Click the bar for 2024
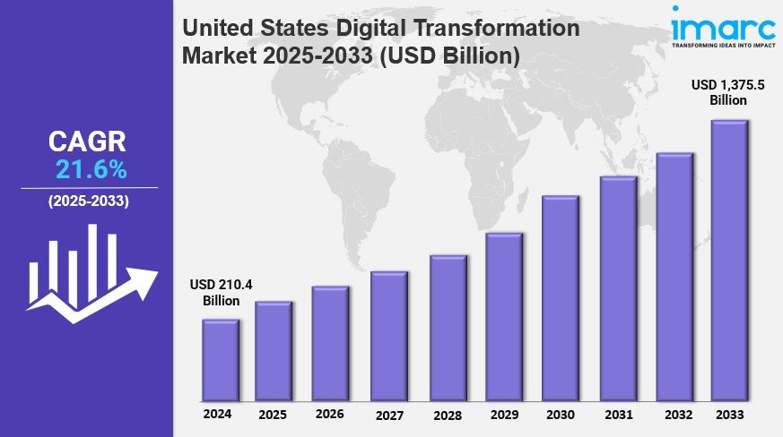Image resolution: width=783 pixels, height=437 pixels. click(220, 360)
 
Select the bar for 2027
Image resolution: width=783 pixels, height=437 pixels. click(388, 336)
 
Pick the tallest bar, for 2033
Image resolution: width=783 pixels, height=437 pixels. click(729, 261)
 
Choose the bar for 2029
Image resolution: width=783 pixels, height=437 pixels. click(503, 317)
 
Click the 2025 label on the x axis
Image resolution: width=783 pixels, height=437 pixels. click(273, 416)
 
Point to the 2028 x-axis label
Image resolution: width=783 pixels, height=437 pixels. click(446, 416)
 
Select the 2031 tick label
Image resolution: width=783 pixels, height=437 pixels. click(618, 415)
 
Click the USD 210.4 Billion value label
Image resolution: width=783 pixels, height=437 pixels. click(220, 293)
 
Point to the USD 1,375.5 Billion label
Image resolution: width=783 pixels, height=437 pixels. click(730, 92)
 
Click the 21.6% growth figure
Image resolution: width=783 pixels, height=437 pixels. click(91, 169)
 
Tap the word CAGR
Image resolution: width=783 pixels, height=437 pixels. click(87, 141)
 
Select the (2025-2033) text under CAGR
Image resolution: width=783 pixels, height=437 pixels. click(88, 201)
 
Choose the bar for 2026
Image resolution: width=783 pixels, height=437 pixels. click(330, 344)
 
